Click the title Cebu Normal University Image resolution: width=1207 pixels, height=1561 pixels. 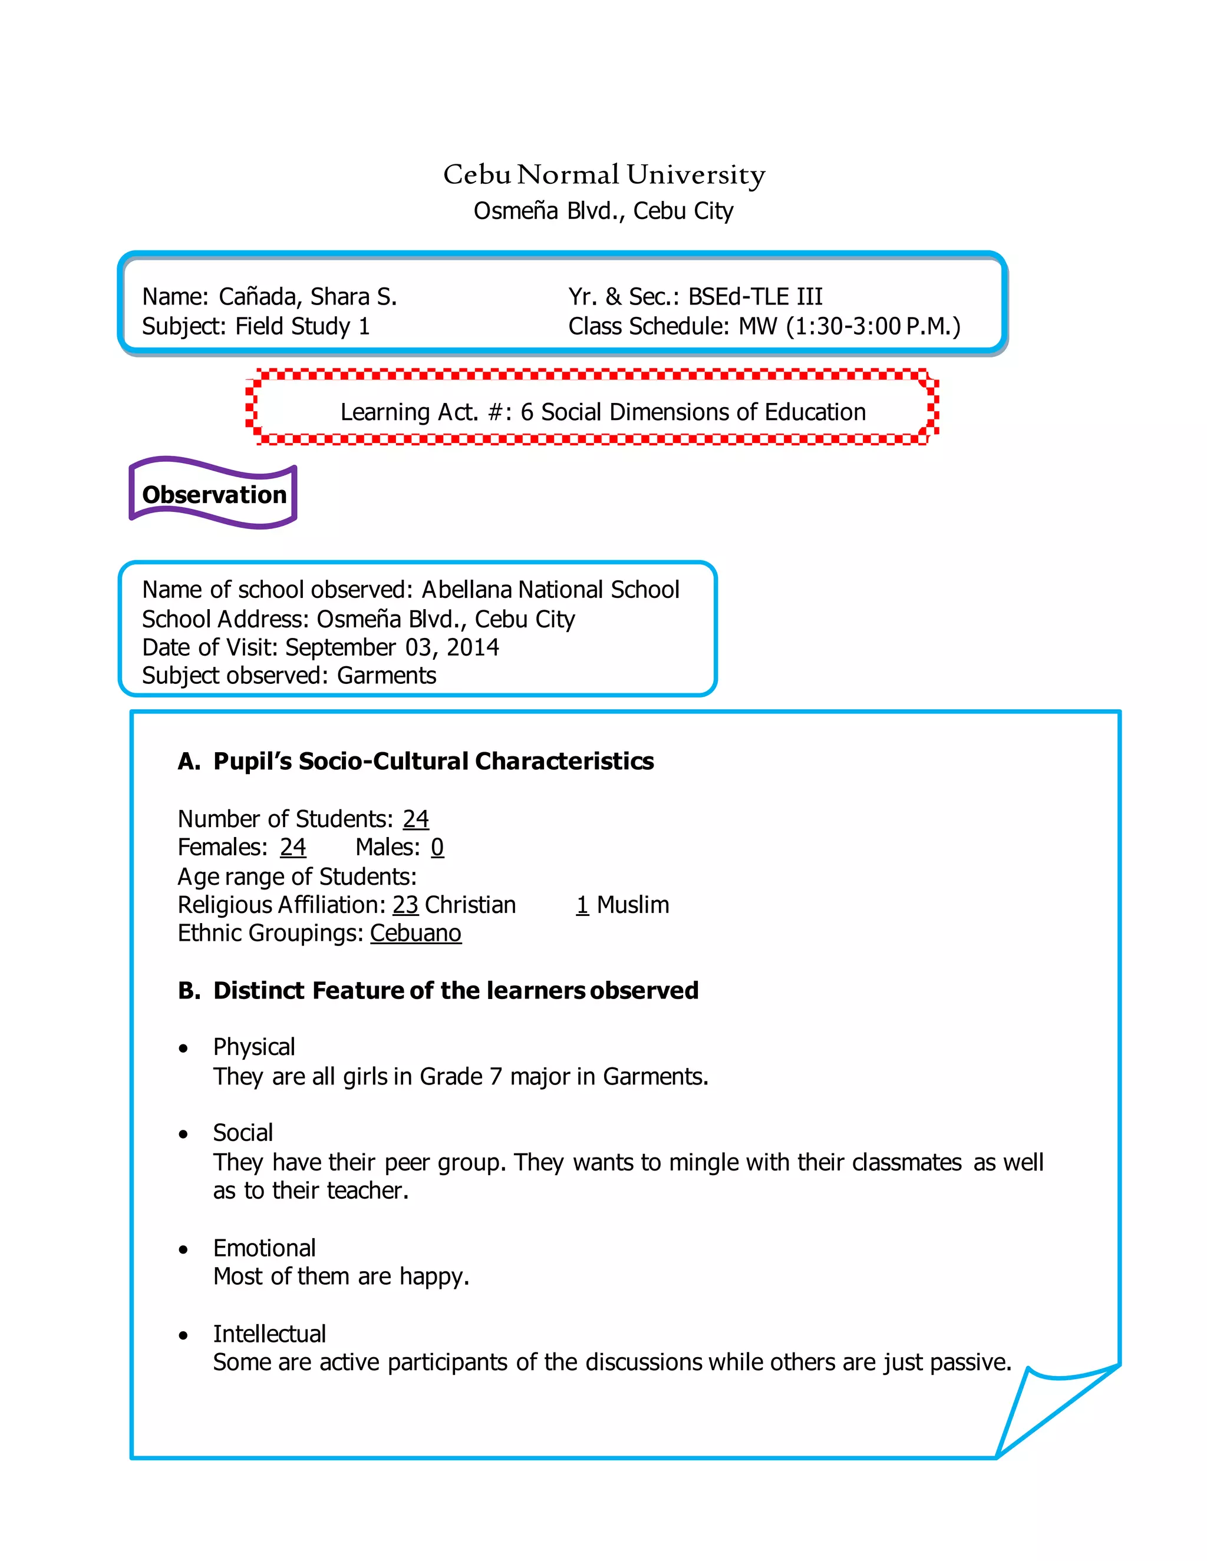(603, 174)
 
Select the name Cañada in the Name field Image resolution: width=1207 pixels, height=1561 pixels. (258, 297)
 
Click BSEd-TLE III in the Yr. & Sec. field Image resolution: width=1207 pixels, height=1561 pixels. (755, 297)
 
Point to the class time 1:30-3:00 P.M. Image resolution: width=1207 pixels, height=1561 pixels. (873, 327)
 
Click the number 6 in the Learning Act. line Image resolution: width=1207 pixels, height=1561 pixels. (526, 412)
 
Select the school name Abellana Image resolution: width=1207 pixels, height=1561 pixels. (467, 590)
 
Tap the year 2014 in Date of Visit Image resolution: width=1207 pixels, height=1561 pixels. (473, 647)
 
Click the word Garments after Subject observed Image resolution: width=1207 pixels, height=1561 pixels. (386, 676)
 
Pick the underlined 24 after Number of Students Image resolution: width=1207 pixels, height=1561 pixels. (415, 819)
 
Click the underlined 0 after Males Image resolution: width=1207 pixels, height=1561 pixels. (437, 848)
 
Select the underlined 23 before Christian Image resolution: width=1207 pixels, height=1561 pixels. (405, 905)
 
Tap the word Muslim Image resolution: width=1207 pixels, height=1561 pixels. (633, 905)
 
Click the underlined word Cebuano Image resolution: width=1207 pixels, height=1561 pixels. (415, 934)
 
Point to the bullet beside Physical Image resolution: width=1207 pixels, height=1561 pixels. (184, 1049)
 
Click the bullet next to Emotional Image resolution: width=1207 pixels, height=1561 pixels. (184, 1249)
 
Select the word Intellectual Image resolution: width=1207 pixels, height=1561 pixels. (269, 1334)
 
